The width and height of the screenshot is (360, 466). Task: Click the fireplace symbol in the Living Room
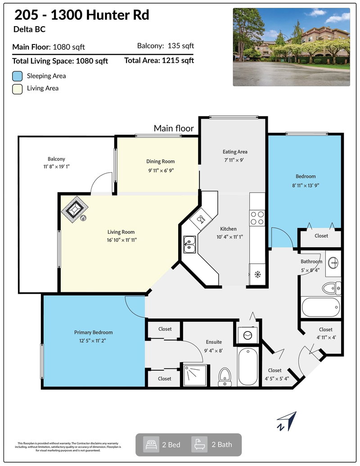pyautogui.click(x=75, y=209)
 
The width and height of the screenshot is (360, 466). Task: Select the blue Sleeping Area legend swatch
pyautogui.click(x=18, y=76)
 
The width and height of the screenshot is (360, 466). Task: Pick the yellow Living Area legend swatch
pyautogui.click(x=18, y=88)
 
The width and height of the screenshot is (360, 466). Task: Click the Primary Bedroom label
pyautogui.click(x=93, y=332)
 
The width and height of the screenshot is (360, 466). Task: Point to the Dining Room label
pyautogui.click(x=160, y=161)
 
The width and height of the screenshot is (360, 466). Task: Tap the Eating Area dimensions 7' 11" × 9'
pyautogui.click(x=235, y=160)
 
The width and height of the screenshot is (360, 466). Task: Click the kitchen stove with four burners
pyautogui.click(x=257, y=218)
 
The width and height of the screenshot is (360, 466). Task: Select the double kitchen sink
pyautogui.click(x=189, y=244)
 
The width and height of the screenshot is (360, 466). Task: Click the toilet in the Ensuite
pyautogui.click(x=224, y=376)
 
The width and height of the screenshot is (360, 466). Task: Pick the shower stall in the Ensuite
pyautogui.click(x=195, y=375)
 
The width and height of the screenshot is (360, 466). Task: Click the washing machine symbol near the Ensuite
pyautogui.click(x=247, y=335)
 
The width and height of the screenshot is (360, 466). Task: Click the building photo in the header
pyautogui.click(x=291, y=47)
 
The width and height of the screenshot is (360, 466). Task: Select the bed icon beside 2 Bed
pyautogui.click(x=151, y=444)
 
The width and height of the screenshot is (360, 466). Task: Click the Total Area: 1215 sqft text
pyautogui.click(x=159, y=60)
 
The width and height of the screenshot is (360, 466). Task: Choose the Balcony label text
pyautogui.click(x=56, y=159)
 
